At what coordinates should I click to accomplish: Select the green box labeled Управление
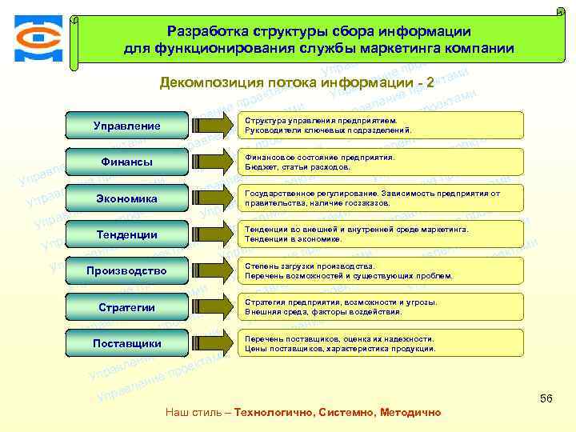(126, 126)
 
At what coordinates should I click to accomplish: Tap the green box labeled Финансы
(126, 162)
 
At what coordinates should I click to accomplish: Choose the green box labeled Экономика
(126, 198)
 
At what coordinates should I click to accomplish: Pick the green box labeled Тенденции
(126, 234)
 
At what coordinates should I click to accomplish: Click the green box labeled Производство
(126, 270)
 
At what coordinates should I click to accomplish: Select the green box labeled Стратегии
(126, 307)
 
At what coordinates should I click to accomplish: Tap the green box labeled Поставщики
(126, 343)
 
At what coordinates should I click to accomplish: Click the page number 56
(547, 398)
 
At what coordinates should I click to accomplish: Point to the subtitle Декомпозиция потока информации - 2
(297, 82)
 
